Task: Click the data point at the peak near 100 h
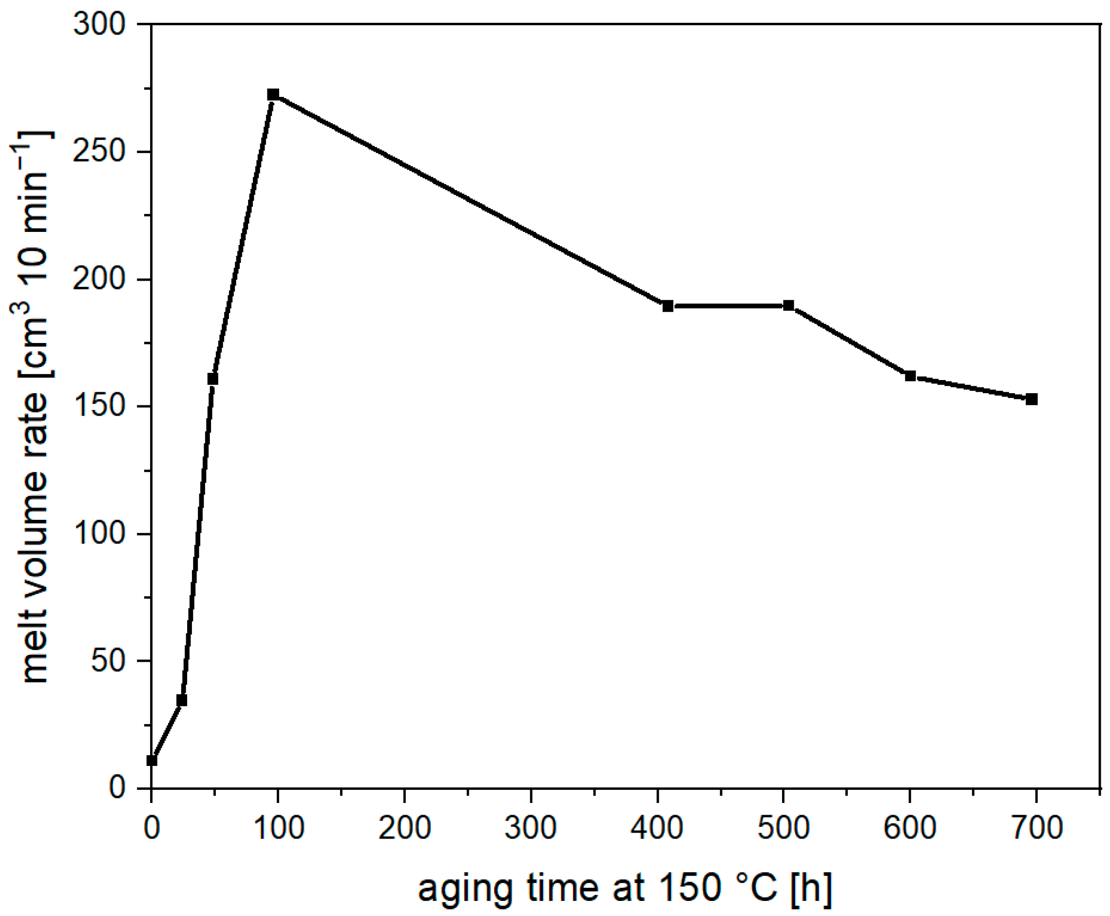coord(273,95)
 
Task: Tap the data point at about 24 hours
coord(181,700)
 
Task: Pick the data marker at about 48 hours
coord(212,379)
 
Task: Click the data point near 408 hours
coord(668,306)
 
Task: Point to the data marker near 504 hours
coord(789,305)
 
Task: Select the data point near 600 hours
coord(910,376)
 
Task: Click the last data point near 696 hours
coord(1032,400)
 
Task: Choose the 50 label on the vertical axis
coord(108,661)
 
